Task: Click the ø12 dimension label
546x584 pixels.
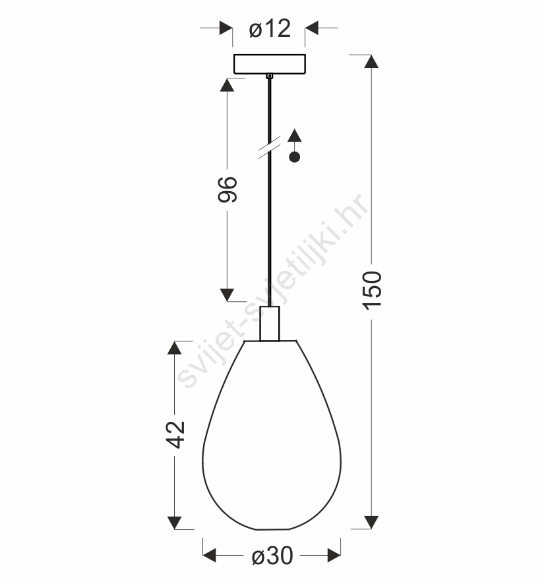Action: click(x=270, y=28)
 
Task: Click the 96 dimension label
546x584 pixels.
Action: click(x=227, y=190)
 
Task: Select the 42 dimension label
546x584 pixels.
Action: click(x=175, y=434)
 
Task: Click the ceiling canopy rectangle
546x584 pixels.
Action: click(x=270, y=64)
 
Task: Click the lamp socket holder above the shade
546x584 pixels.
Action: click(x=270, y=323)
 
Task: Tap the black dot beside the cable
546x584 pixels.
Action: click(x=295, y=158)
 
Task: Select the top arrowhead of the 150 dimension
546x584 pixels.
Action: click(x=371, y=61)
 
